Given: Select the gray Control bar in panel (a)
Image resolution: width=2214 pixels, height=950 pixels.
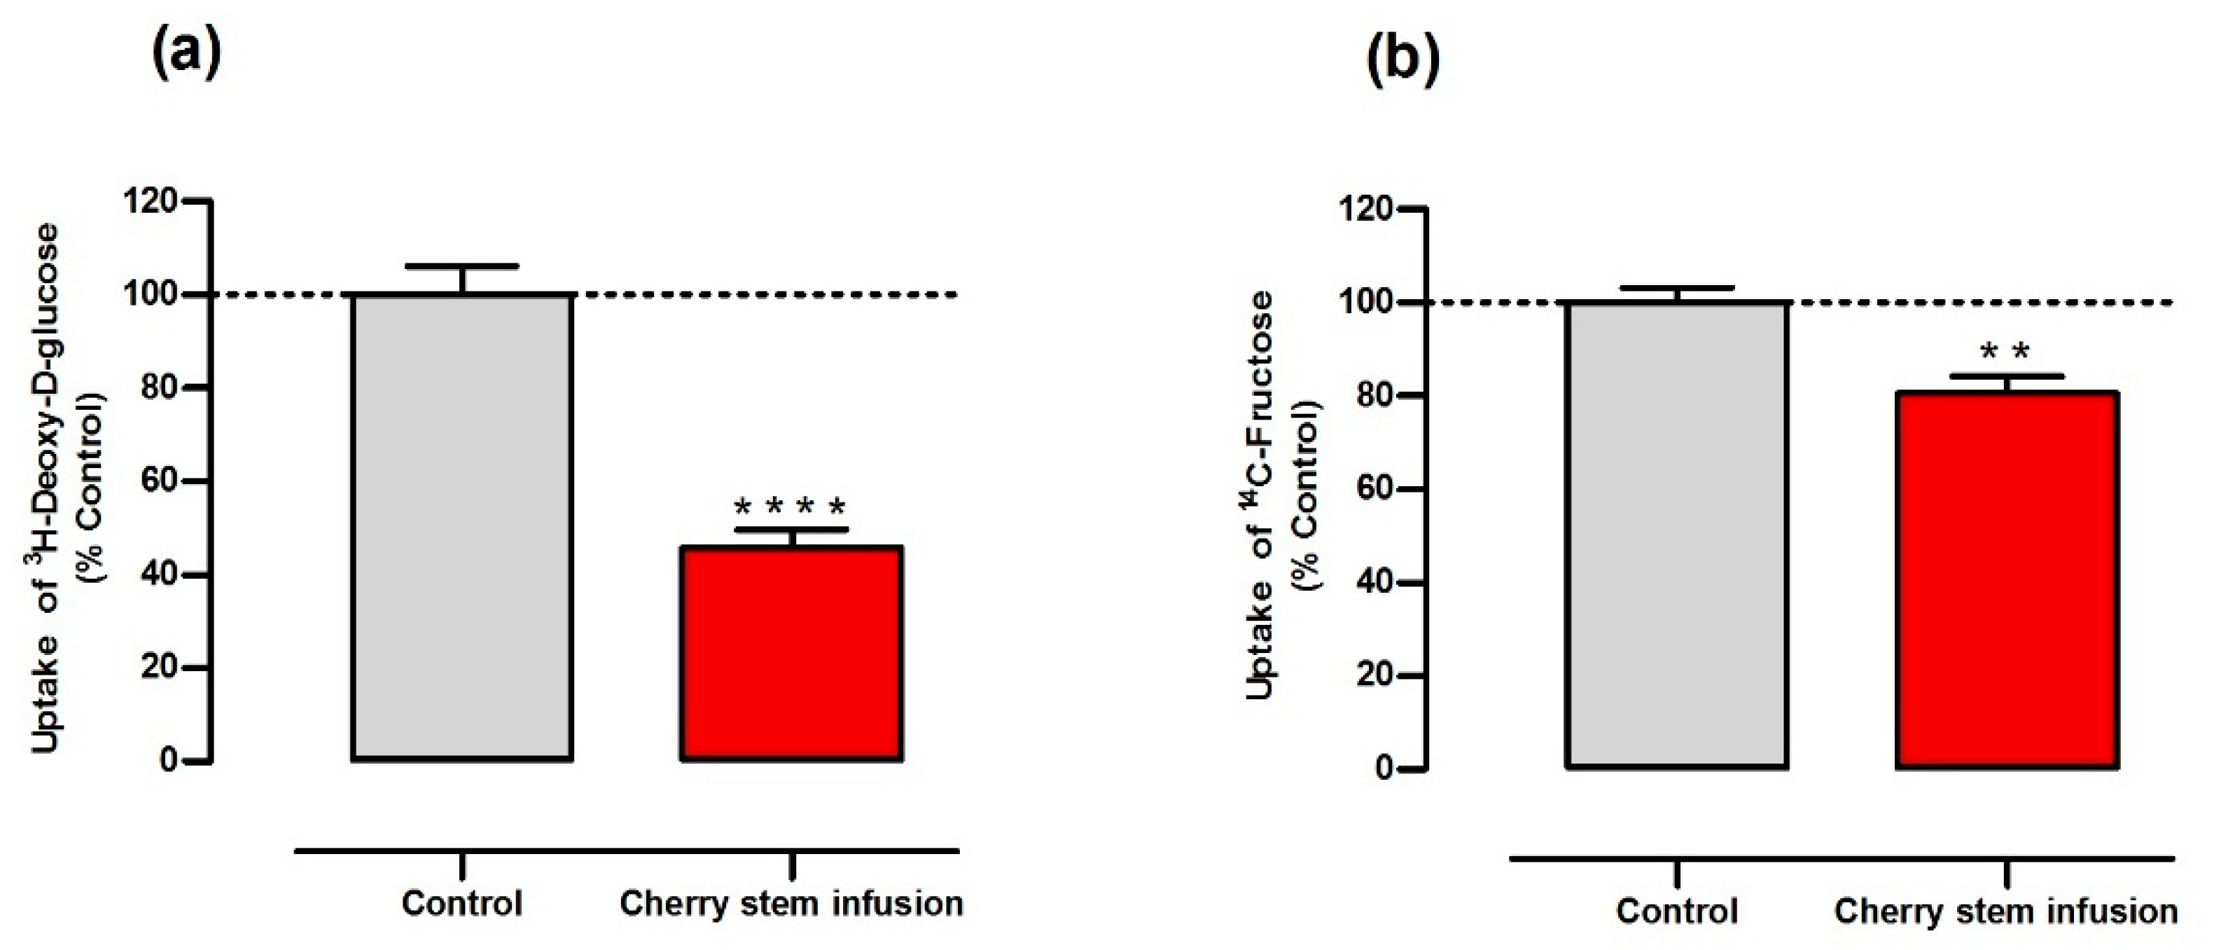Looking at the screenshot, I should tap(462, 526).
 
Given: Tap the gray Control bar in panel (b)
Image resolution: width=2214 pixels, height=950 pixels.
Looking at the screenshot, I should tap(1677, 534).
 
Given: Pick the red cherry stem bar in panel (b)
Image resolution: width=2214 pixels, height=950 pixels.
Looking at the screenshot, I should tap(2007, 579).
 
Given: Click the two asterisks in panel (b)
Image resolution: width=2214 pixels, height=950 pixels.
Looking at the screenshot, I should tap(2005, 352).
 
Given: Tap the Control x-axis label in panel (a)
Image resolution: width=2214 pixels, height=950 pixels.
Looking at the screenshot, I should tap(462, 904).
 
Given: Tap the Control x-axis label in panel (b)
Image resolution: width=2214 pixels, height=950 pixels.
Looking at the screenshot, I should tap(1677, 911).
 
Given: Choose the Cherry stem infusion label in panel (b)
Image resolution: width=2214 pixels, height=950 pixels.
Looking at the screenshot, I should tap(2006, 911).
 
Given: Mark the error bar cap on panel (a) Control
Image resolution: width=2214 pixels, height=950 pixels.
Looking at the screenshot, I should tap(462, 266).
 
